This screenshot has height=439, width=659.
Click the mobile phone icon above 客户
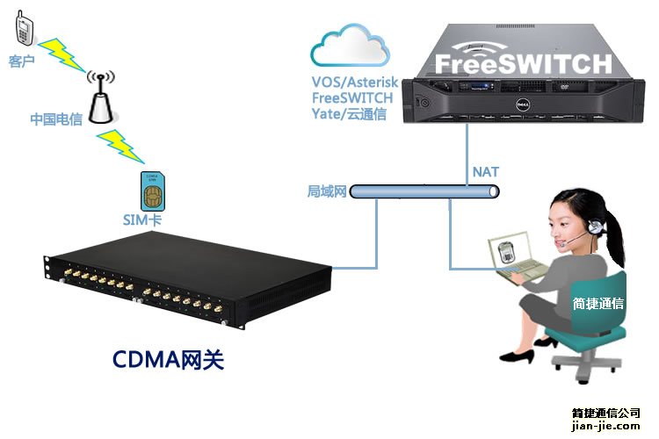tap(24, 32)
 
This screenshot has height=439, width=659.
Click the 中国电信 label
tap(56, 119)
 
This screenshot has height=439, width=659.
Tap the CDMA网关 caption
tap(169, 359)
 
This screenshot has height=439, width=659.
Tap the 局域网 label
tap(327, 191)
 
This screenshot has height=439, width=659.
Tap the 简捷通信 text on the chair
tap(598, 304)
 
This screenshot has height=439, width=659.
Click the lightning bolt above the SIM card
tap(119, 146)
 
